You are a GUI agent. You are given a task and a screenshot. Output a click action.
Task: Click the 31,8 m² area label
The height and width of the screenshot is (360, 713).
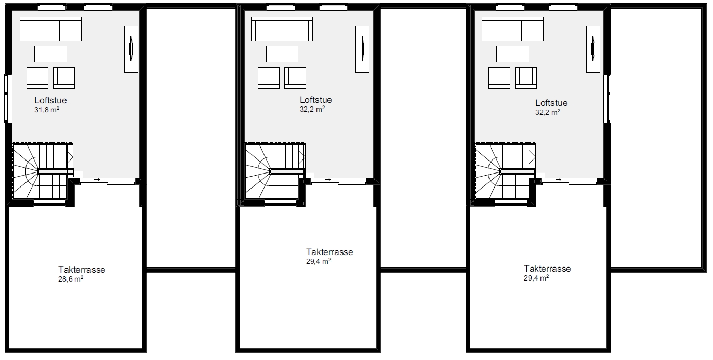(47, 110)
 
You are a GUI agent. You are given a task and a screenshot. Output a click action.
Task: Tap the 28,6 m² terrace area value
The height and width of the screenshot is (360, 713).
(71, 279)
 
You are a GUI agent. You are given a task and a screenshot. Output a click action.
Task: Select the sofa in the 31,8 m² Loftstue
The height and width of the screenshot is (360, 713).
(50, 29)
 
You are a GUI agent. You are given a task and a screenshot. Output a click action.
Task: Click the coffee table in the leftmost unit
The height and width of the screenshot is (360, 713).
(50, 54)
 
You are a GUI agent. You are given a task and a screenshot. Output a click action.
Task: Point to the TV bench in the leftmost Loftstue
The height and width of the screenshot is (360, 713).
(131, 49)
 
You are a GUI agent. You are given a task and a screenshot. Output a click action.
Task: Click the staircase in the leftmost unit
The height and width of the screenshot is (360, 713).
(43, 171)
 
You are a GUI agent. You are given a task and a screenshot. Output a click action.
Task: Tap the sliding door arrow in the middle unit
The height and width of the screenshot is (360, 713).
(327, 180)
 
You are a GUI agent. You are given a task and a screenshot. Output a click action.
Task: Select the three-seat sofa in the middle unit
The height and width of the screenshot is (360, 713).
(282, 29)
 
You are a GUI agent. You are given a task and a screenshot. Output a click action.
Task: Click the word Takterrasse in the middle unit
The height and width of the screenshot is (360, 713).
(329, 252)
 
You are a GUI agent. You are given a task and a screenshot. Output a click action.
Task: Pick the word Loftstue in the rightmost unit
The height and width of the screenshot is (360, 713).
(551, 103)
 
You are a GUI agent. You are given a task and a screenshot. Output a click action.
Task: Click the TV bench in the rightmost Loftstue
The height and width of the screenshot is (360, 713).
(593, 49)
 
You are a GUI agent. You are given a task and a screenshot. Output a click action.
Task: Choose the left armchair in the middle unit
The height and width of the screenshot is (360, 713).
(269, 78)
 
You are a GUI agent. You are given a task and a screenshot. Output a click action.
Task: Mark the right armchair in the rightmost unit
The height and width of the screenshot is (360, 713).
(526, 78)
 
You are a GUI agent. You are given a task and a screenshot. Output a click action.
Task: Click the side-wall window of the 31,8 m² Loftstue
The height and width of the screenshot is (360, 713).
(8, 98)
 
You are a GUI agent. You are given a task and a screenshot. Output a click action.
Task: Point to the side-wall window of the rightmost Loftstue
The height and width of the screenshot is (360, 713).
(608, 98)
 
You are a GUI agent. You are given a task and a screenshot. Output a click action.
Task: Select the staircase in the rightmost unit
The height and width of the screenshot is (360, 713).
(505, 171)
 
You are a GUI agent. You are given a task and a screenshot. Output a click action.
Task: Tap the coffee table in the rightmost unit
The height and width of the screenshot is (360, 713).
(512, 54)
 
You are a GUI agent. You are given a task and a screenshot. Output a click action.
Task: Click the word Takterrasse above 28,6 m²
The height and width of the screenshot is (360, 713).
(82, 270)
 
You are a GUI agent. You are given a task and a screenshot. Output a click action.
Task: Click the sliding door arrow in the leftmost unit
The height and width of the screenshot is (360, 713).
(97, 180)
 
